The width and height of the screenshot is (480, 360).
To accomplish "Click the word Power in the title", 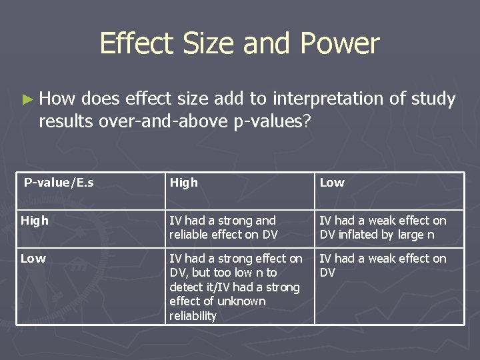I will click(340, 44).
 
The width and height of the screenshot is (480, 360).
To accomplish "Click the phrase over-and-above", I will click(154, 121).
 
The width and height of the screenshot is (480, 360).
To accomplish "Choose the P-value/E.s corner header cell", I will click(59, 182).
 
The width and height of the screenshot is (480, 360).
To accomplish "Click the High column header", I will click(184, 183).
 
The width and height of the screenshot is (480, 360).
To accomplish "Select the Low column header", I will click(332, 183).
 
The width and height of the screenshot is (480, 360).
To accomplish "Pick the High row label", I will click(35, 221).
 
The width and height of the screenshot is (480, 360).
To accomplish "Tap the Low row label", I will click(33, 259).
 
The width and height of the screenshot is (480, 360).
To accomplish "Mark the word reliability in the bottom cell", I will click(193, 316).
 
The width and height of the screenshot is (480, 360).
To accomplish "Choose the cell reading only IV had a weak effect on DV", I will click(383, 265).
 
